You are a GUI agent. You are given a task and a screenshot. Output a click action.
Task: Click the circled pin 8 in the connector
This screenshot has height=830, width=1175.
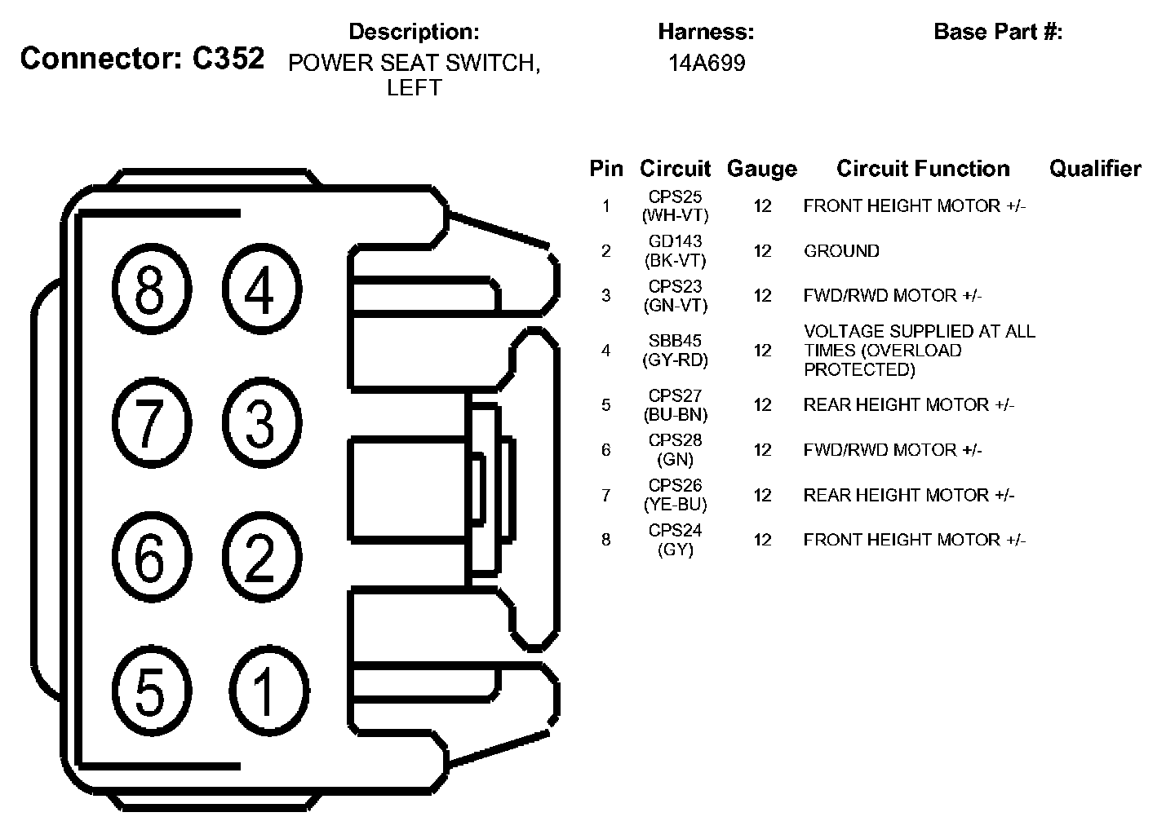151,289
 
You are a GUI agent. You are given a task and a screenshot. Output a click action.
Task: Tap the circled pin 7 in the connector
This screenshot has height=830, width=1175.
151,424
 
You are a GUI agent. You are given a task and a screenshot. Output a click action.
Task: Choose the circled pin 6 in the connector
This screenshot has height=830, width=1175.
151,558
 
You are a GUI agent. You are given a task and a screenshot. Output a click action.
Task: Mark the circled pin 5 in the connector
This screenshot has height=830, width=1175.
151,691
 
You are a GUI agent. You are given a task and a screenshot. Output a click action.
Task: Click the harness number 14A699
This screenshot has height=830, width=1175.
707,64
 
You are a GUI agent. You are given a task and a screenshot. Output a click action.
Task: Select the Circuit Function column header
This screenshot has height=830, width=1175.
923,169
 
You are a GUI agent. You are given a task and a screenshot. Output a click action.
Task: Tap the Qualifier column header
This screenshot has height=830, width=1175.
1095,169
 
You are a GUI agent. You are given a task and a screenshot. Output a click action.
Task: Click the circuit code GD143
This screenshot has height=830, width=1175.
675,242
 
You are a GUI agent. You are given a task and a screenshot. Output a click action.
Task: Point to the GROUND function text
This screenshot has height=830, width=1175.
841,251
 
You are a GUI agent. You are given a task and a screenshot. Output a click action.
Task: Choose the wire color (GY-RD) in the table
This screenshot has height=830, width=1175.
675,360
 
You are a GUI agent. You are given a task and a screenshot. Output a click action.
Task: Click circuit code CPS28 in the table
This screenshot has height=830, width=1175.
675,440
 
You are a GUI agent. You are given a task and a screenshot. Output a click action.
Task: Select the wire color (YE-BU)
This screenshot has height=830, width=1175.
675,505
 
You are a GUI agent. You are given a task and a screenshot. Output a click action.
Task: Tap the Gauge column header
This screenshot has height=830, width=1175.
761,169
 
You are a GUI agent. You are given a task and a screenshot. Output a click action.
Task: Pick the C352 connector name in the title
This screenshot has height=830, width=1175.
228,59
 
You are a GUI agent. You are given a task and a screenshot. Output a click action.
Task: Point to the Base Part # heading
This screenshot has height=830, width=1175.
998,33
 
